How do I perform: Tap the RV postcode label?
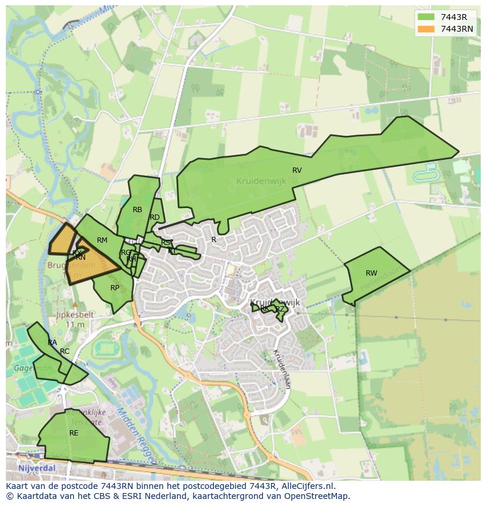coord(297,170)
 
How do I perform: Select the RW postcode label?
coord(372,273)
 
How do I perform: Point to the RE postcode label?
coord(74,433)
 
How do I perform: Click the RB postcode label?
coord(137,210)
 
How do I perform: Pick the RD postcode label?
coord(155,217)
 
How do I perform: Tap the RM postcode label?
coord(102,240)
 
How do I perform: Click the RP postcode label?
coord(115,288)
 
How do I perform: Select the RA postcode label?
coord(52,343)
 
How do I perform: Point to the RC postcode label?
coord(65,351)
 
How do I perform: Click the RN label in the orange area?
coord(81,257)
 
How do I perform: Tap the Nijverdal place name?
coord(36,468)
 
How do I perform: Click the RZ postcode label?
coord(280,309)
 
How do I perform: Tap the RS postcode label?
coord(166,243)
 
